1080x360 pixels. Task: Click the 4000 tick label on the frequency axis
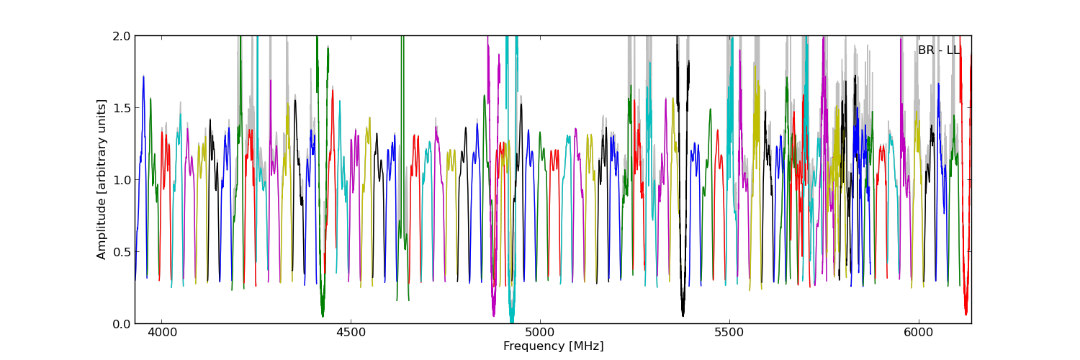(x=161, y=333)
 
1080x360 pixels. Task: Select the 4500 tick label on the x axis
(x=351, y=333)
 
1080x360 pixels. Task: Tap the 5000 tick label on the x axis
(x=540, y=333)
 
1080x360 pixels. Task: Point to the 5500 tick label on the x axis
(x=729, y=333)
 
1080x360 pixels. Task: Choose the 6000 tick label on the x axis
(x=919, y=333)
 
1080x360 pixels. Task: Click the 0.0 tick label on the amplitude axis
(x=122, y=324)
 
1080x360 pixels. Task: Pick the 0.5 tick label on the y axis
(x=122, y=252)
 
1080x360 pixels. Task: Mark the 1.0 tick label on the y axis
(x=122, y=180)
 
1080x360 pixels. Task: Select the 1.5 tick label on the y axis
(x=122, y=108)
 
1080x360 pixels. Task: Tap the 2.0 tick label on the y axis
(x=122, y=36)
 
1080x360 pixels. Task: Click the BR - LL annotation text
(x=938, y=50)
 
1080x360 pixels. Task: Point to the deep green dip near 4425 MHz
(x=323, y=312)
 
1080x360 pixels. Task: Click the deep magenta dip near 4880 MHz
(x=493, y=312)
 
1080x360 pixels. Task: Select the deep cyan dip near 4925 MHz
(x=511, y=318)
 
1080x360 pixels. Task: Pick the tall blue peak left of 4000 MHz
(x=143, y=77)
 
